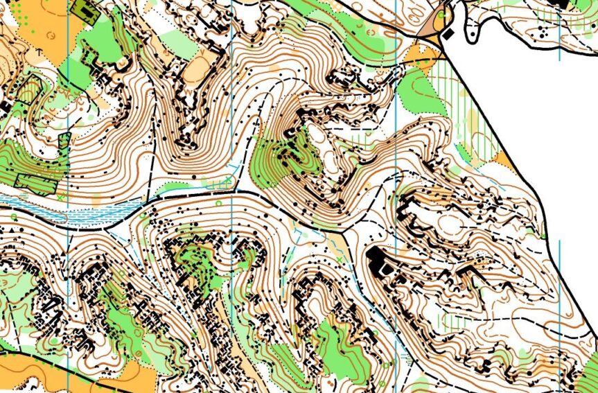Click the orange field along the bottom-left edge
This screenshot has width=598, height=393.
[x=28, y=371]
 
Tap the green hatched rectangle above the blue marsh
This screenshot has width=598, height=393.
[x=35, y=184]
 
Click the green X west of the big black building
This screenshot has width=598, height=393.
[x=339, y=259]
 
